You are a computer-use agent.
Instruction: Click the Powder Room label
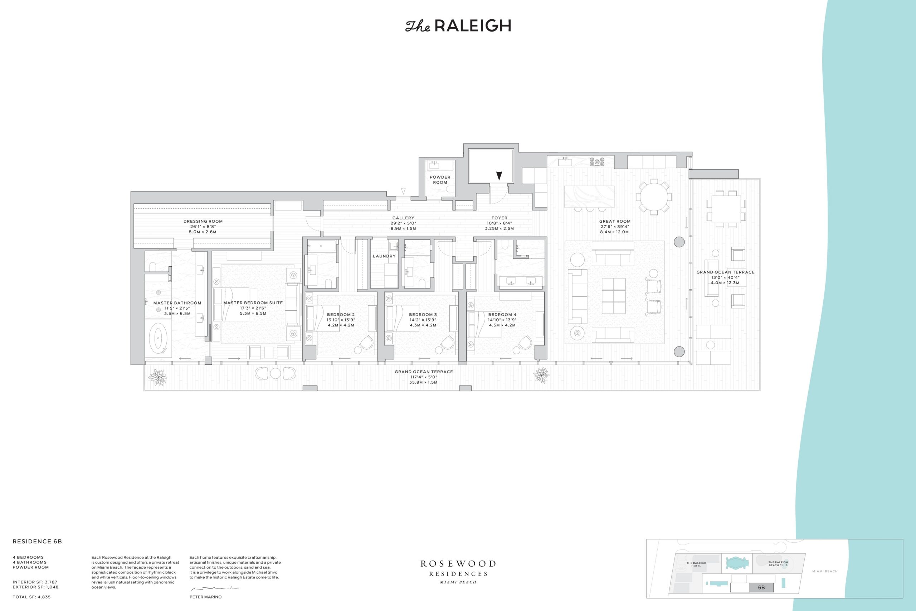(440, 180)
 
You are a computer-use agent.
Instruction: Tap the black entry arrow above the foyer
(499, 176)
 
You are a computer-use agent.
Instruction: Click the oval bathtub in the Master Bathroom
(159, 338)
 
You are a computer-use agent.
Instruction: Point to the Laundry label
(384, 256)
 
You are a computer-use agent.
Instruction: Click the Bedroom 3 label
(423, 315)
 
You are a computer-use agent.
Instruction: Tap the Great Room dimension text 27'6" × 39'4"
(615, 227)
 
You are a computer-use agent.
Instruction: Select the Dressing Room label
(203, 221)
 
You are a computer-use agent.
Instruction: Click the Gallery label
(403, 218)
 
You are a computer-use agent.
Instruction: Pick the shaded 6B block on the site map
(761, 588)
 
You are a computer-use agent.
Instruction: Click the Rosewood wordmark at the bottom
(458, 564)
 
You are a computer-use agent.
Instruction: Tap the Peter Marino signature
(215, 588)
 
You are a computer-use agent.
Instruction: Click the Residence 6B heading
(37, 541)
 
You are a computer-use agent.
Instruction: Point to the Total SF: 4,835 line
(31, 597)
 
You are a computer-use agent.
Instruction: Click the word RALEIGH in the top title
(472, 26)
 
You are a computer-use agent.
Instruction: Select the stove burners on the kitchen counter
(596, 162)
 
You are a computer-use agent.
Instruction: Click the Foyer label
(499, 218)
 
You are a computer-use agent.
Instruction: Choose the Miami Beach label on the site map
(825, 571)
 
